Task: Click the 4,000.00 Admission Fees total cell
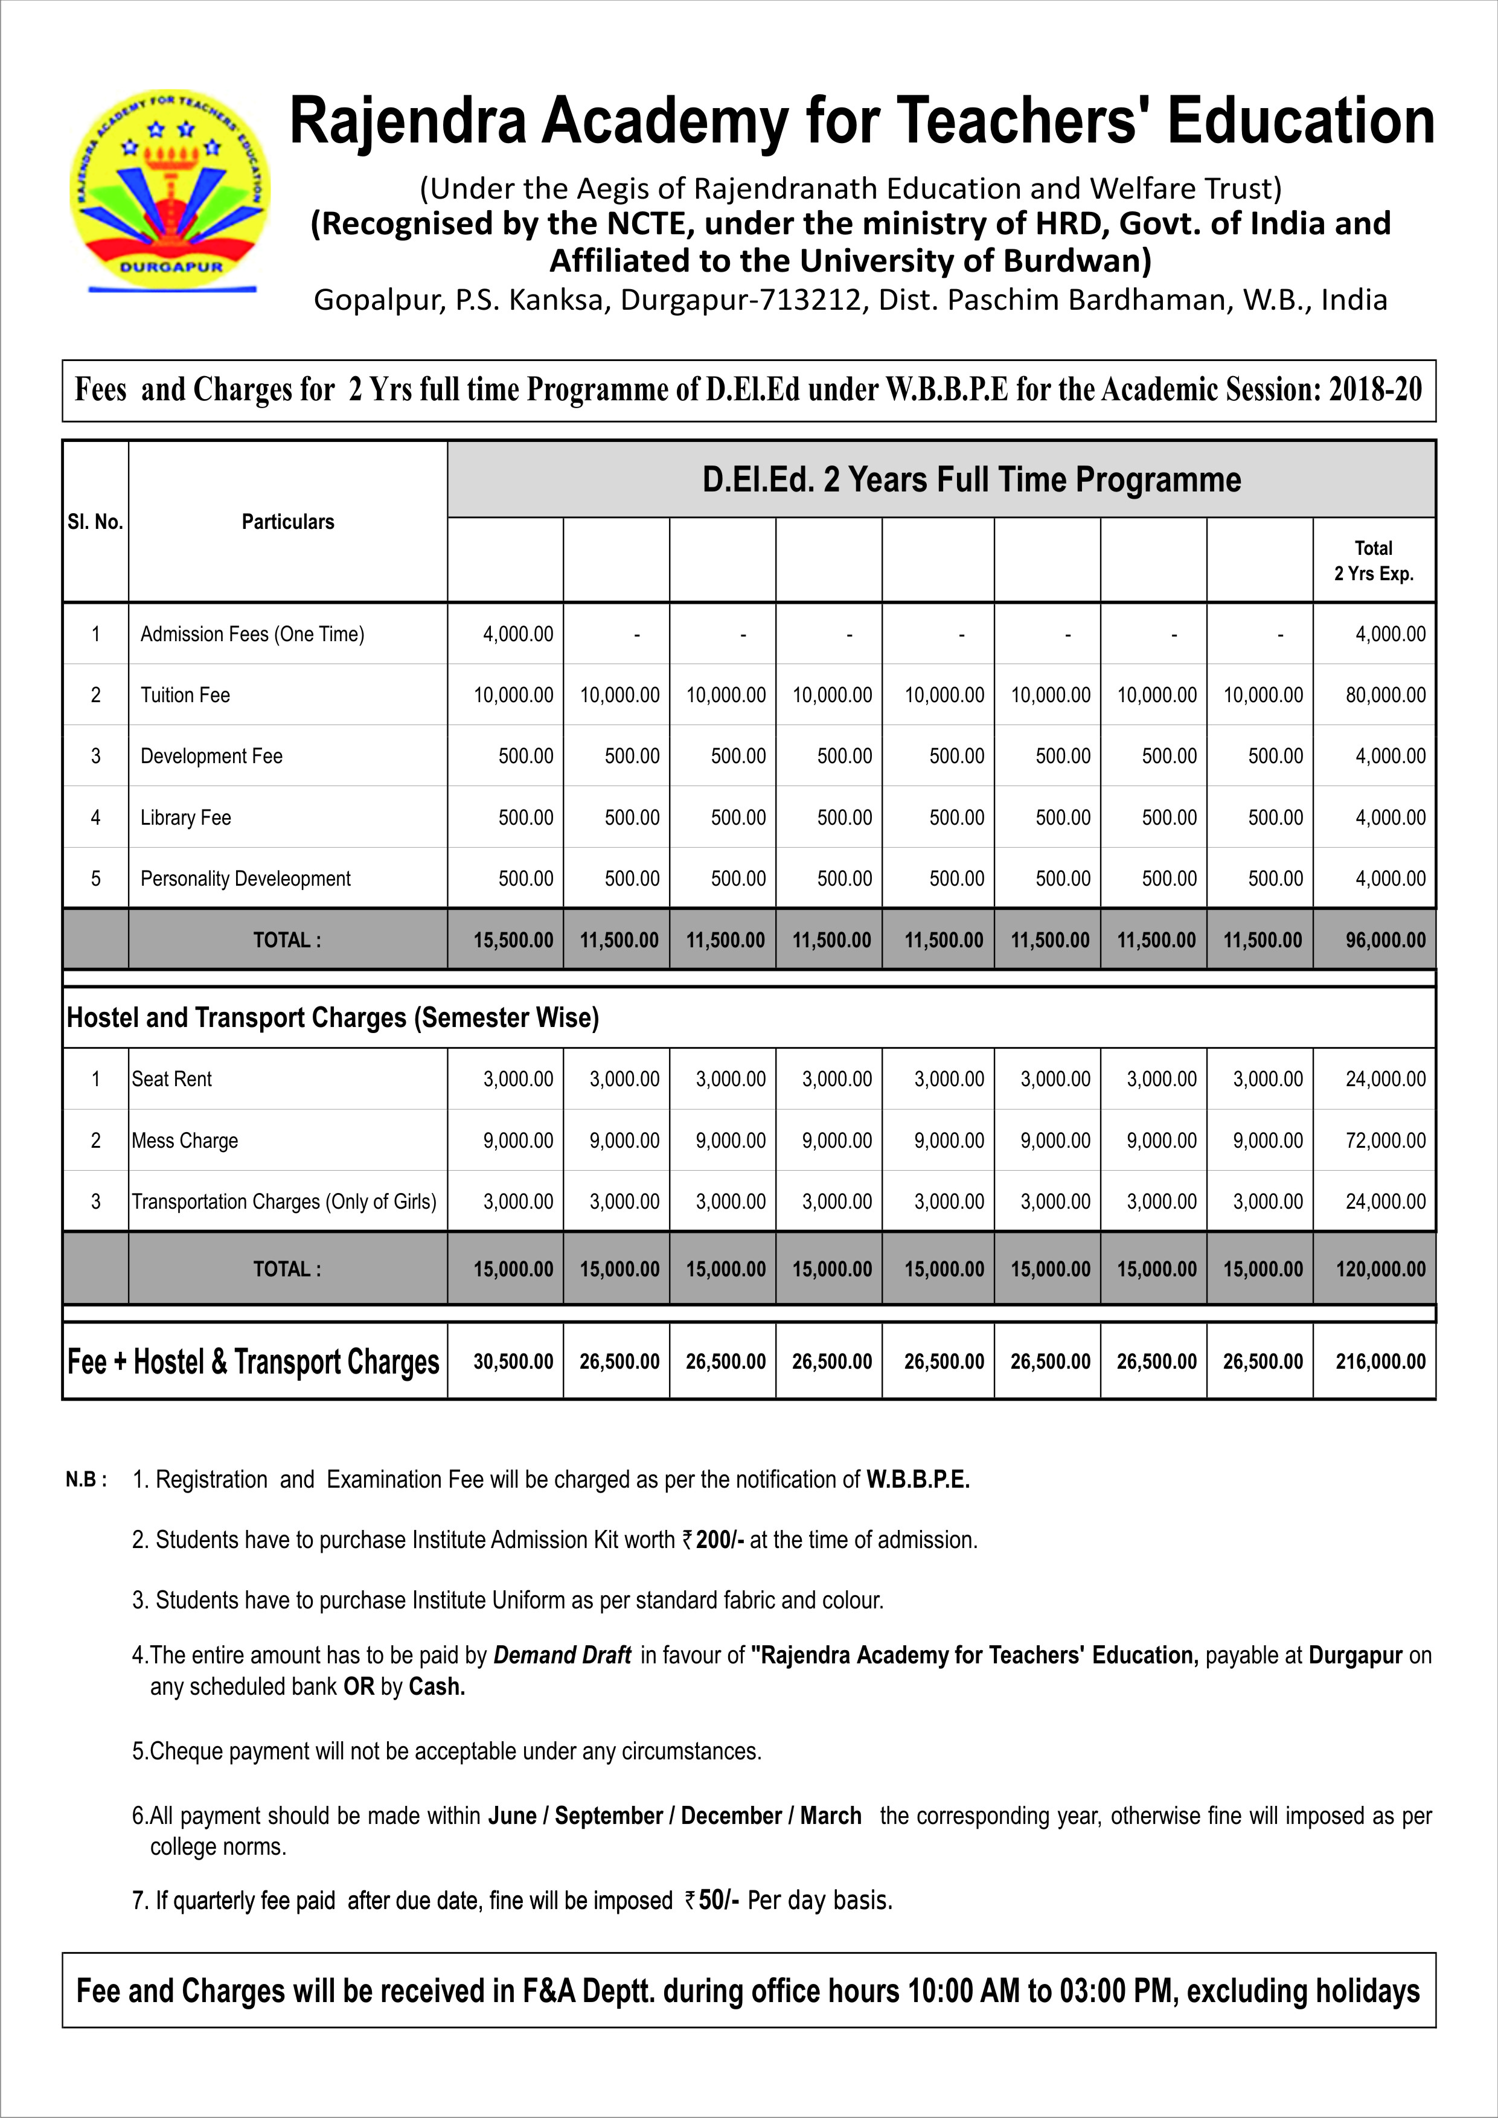coord(1389,635)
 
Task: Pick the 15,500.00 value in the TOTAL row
coord(513,941)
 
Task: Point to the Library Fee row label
coord(185,818)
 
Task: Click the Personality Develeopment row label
coord(245,879)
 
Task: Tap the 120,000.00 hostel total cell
coord(1380,1269)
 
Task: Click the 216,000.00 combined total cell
coord(1380,1361)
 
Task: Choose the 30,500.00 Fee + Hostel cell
coord(513,1361)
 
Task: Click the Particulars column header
coord(288,522)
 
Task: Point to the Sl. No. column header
coord(95,522)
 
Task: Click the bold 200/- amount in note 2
coord(720,1540)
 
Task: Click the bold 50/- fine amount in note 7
coord(719,1900)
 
